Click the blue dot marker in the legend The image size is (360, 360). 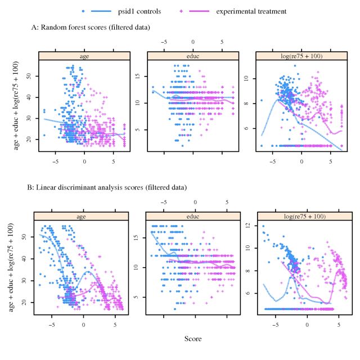[x=84, y=11]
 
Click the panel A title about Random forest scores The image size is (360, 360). [x=90, y=27]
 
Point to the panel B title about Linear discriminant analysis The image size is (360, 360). [x=109, y=187]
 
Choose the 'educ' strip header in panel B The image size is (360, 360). [x=195, y=215]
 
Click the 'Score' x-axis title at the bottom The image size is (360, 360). [x=193, y=339]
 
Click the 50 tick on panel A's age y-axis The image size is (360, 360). [x=30, y=75]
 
